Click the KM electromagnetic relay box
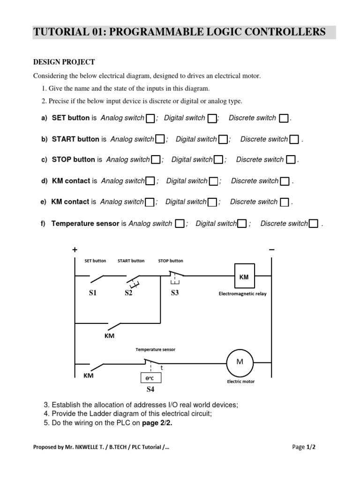click(x=244, y=277)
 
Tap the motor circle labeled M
click(x=240, y=362)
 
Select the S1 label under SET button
click(x=92, y=293)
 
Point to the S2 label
click(x=128, y=293)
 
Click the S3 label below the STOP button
click(x=174, y=293)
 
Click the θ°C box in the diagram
click(x=151, y=378)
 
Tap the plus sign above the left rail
click(x=75, y=250)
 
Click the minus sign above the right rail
click(x=271, y=250)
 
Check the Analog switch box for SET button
click(x=150, y=118)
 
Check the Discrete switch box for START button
click(x=294, y=139)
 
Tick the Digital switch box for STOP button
click(x=218, y=160)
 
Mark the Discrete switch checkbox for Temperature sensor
click(x=314, y=224)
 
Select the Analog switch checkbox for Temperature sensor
click(x=180, y=224)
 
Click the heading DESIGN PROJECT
click(x=64, y=62)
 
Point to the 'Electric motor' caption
click(x=241, y=382)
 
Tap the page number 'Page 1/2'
click(x=304, y=447)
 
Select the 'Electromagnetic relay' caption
click(x=242, y=294)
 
